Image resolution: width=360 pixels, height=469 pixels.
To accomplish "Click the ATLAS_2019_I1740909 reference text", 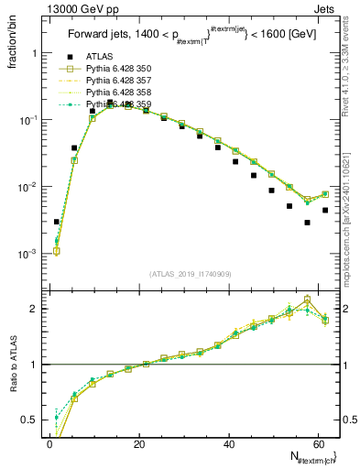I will (x=190, y=273).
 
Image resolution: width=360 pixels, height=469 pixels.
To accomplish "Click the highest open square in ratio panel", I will (x=308, y=300).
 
